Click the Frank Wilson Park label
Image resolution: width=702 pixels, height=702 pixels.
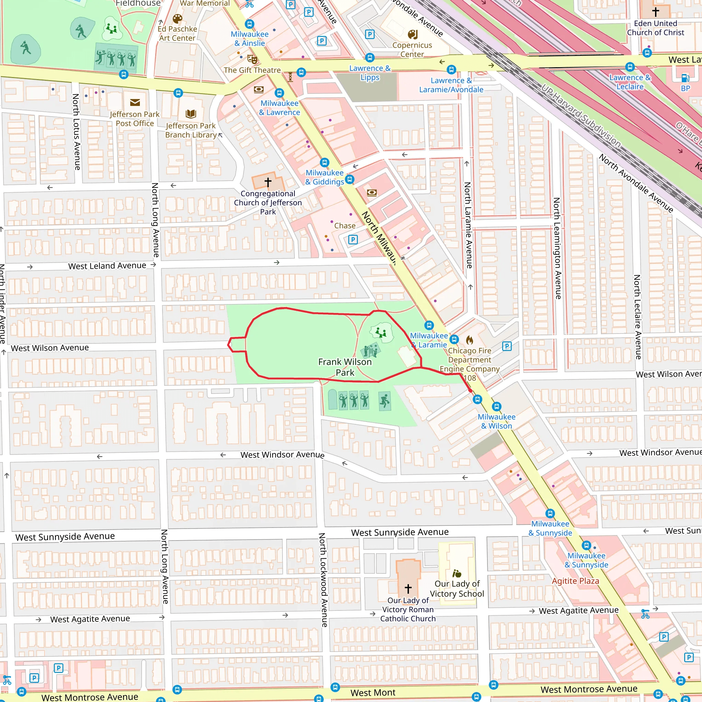click(344, 367)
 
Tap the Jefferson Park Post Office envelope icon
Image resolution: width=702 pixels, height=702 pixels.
click(135, 102)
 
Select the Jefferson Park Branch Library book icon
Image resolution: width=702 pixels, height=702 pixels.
click(191, 114)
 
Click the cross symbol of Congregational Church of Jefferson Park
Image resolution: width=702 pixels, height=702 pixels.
click(268, 182)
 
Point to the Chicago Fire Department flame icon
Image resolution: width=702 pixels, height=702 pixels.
click(470, 340)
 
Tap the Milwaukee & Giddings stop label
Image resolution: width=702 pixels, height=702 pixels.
click(324, 177)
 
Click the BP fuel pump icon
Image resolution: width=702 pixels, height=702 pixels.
click(685, 78)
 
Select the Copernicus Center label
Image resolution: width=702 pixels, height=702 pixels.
click(412, 50)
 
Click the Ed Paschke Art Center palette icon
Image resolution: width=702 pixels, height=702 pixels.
click(177, 19)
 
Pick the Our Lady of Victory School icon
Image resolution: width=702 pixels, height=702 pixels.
click(457, 573)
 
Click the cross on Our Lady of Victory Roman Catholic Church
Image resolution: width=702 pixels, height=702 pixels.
click(408, 588)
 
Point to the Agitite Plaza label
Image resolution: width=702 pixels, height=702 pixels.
click(575, 581)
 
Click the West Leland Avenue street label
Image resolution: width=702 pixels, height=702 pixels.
click(107, 266)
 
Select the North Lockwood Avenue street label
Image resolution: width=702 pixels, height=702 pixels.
click(323, 580)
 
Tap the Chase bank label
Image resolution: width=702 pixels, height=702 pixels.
click(344, 226)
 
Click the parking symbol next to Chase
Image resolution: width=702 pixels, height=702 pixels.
click(352, 240)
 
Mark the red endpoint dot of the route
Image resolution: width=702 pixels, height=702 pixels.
click(471, 391)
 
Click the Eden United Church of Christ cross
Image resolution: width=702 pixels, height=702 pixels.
click(655, 12)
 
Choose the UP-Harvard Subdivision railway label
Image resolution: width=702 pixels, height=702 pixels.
click(581, 116)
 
